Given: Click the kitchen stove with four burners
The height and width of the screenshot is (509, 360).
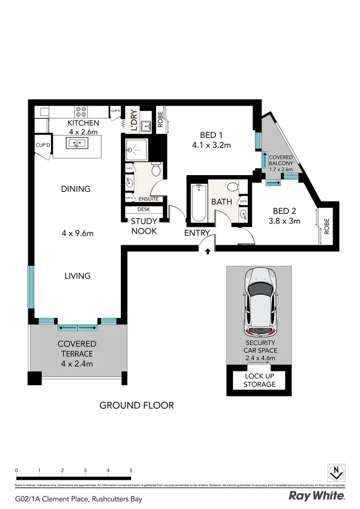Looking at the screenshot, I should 81,112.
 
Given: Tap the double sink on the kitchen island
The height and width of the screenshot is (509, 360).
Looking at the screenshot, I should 77,142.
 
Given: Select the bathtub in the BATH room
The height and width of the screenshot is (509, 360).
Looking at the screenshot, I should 197,203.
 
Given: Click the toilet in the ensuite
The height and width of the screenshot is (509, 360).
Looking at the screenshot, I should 156,170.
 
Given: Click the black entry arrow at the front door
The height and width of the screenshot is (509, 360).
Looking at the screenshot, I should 207,251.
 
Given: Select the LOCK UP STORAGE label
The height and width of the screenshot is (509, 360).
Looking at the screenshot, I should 260,380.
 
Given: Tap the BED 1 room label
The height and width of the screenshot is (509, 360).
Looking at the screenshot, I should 211,134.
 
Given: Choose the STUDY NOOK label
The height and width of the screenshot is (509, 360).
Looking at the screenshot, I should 144,226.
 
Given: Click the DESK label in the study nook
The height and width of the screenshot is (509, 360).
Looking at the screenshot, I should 144,209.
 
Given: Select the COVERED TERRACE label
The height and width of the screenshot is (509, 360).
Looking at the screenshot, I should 77,348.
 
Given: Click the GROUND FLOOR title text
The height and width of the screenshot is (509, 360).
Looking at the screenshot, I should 136,405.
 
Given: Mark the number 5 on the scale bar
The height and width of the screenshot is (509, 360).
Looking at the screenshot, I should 131,470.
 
